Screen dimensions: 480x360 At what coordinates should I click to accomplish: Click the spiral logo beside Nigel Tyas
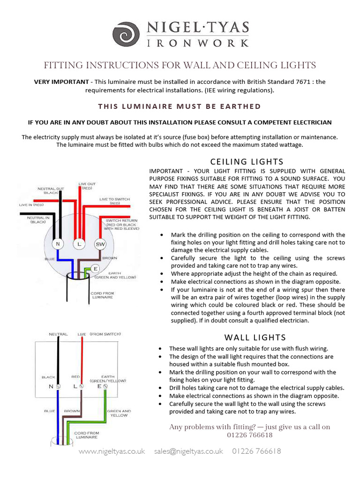(x=127, y=34)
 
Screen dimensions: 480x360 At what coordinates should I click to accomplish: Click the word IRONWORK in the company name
(x=198, y=43)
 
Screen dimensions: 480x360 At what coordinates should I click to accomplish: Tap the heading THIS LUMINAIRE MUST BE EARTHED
(x=180, y=106)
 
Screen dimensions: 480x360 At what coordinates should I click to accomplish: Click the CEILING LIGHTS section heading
(x=247, y=162)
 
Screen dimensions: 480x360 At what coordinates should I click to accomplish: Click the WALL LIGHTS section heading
(x=255, y=337)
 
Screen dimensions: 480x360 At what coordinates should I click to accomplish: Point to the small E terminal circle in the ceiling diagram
(x=95, y=269)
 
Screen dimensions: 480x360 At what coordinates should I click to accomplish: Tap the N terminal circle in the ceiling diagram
(x=58, y=244)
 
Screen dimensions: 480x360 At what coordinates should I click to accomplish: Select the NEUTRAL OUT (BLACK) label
(x=51, y=190)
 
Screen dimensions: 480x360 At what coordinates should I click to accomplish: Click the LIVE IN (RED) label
(x=31, y=205)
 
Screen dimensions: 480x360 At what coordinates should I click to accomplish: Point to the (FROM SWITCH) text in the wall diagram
(x=105, y=334)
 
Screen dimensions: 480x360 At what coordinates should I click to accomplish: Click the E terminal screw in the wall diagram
(x=105, y=387)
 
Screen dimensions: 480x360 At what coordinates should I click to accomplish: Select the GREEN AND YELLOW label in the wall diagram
(x=119, y=413)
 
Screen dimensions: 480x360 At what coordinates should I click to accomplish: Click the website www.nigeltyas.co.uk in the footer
(x=112, y=451)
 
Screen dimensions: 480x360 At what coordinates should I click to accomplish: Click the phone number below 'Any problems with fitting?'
(x=249, y=435)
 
